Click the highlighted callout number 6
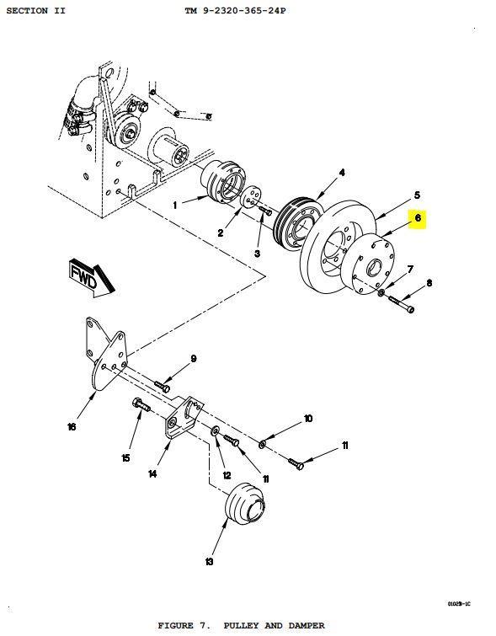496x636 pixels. tap(418, 218)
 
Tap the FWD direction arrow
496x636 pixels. tap(90, 279)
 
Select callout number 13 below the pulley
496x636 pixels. tap(209, 562)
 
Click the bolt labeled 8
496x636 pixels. tap(402, 303)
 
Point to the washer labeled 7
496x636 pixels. tap(381, 292)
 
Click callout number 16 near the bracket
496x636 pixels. tap(72, 427)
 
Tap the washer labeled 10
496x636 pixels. tap(263, 445)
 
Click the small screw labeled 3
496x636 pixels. tap(265, 211)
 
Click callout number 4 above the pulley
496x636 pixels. tap(342, 173)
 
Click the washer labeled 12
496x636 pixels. tap(215, 430)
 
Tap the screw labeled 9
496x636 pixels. tap(163, 386)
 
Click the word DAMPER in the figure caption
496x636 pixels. tap(307, 626)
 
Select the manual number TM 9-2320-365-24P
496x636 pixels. tap(235, 11)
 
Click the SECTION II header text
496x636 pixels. tap(35, 11)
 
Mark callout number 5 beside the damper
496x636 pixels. tap(417, 195)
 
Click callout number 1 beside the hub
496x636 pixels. tap(175, 206)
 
